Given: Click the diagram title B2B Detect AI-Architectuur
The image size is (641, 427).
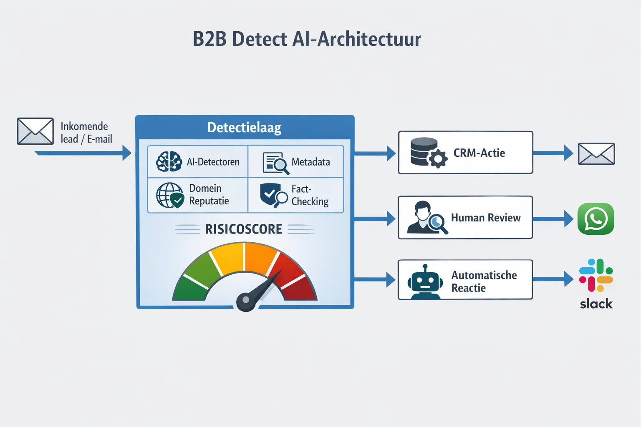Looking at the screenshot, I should point(307,39).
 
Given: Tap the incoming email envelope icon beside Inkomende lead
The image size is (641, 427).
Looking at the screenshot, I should point(35,131).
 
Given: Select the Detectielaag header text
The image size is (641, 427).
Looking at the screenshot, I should point(244,128).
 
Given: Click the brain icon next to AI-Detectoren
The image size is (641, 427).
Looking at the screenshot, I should point(169,161).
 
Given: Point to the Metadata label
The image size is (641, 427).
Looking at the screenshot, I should point(310,162).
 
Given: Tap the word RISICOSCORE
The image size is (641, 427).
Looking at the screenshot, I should point(243,229).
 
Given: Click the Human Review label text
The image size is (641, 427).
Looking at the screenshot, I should point(486,218).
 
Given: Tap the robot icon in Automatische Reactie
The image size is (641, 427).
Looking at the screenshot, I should point(425,282).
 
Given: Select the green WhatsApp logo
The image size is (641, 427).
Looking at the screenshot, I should point(596,219).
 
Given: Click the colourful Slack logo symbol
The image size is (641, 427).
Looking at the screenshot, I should point(596,275).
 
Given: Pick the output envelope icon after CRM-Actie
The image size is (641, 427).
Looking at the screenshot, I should point(596,153).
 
